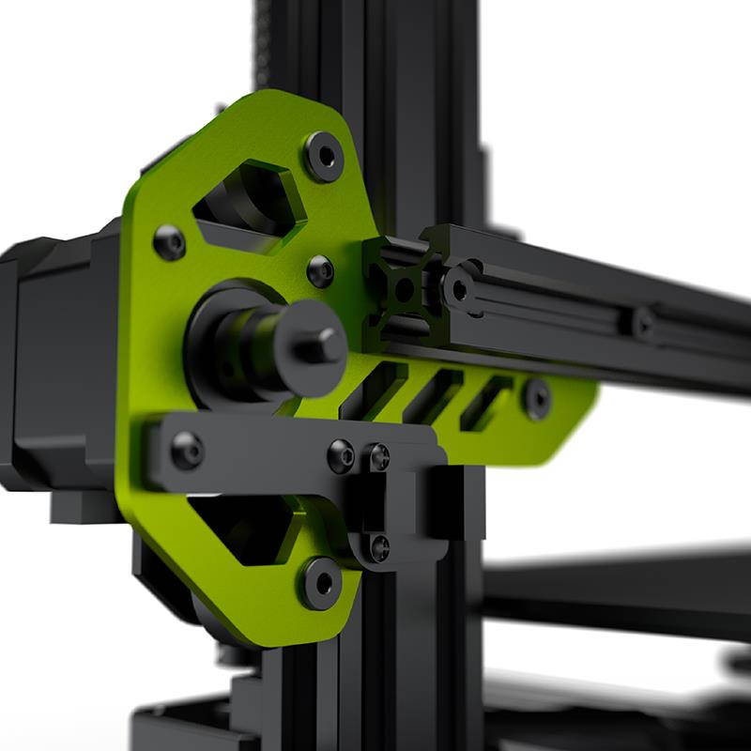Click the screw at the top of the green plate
point(324,155)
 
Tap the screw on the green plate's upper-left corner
point(169,242)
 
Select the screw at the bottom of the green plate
point(320,581)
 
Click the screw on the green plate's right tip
point(536,398)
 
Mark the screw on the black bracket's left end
point(186,451)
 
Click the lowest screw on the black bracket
point(378,547)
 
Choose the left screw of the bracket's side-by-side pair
point(342,455)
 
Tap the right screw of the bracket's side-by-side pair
point(378,457)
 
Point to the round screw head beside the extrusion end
point(460,288)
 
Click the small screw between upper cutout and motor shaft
point(320,270)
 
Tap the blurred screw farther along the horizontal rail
point(643,324)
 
